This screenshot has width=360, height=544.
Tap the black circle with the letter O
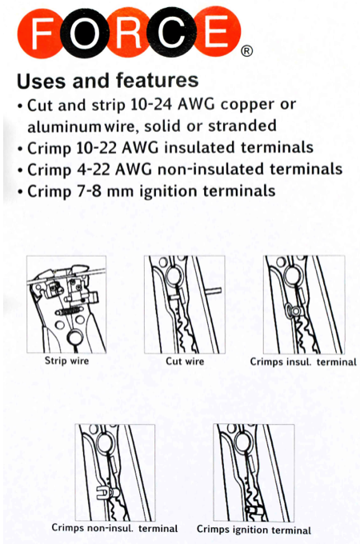pos(83,33)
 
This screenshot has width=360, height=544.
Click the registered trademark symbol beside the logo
pos(246,51)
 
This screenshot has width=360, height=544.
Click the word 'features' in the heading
pos(157,80)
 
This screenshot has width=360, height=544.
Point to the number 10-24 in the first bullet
pos(151,105)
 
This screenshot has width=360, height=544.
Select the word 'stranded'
pos(242,126)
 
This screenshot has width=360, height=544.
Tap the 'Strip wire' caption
pos(66,361)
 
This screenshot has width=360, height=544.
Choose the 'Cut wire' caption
pos(185,361)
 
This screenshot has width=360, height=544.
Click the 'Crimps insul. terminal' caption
pos(303,362)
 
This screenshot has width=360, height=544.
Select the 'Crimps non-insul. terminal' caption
pos(114,528)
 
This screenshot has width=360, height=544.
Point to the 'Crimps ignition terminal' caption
pos(254,530)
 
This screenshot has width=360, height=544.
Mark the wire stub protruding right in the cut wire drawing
pos(214,290)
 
